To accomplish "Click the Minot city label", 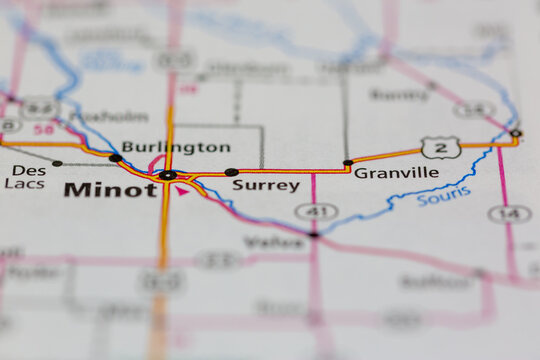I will (x=110, y=189).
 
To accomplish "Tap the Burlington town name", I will (x=175, y=147).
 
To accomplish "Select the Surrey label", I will (x=265, y=185).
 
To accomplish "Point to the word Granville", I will (x=396, y=172).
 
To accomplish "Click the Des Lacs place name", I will (x=24, y=176).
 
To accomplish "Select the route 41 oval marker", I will (x=316, y=212).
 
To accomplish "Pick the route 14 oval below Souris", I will (x=509, y=213).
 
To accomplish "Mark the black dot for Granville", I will (x=348, y=162).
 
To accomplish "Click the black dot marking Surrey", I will (x=232, y=172).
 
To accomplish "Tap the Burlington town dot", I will (x=116, y=158).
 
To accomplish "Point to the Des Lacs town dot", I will (x=57, y=163).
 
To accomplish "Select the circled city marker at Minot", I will (x=167, y=175).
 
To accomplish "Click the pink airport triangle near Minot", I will (x=182, y=190).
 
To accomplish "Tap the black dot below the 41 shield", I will (x=314, y=235).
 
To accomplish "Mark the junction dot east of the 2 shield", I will (x=516, y=133).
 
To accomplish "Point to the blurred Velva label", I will (x=261, y=241).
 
